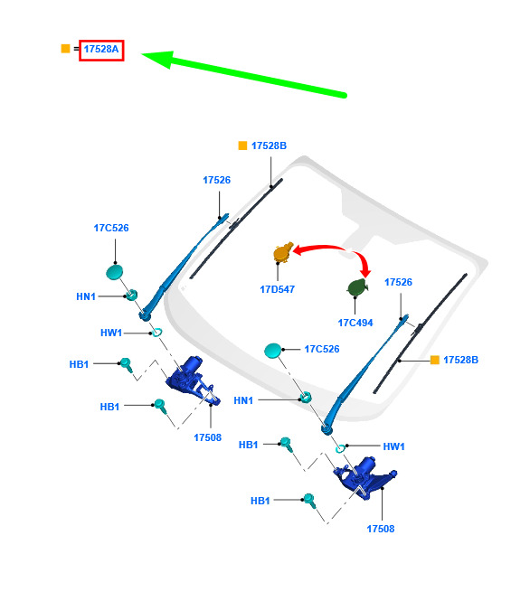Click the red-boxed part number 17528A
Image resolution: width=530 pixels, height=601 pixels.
[x=101, y=50]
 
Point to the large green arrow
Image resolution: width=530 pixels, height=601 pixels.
[x=244, y=74]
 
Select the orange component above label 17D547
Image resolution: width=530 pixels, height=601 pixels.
[x=283, y=252]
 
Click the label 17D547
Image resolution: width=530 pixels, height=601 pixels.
[x=278, y=289]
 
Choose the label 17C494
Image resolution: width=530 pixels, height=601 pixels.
[x=355, y=323]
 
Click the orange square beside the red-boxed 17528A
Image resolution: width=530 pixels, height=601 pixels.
[x=66, y=49]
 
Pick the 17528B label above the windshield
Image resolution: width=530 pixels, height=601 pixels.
[x=269, y=146]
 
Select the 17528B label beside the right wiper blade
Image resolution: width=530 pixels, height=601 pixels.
[x=460, y=360]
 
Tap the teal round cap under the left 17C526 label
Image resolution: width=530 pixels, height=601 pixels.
[x=115, y=272]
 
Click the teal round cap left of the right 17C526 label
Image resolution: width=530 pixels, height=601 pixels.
[x=273, y=351]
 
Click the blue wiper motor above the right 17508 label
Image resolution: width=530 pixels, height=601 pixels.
[x=364, y=478]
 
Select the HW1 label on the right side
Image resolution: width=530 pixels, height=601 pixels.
[x=393, y=446]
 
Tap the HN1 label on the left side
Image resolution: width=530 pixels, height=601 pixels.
[x=86, y=296]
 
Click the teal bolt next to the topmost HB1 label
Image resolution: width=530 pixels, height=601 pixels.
[x=127, y=364]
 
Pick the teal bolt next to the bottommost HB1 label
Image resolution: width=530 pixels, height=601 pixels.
[x=309, y=501]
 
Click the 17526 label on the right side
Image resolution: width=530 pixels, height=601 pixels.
[x=398, y=283]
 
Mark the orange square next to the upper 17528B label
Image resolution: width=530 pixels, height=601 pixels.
[x=242, y=146]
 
